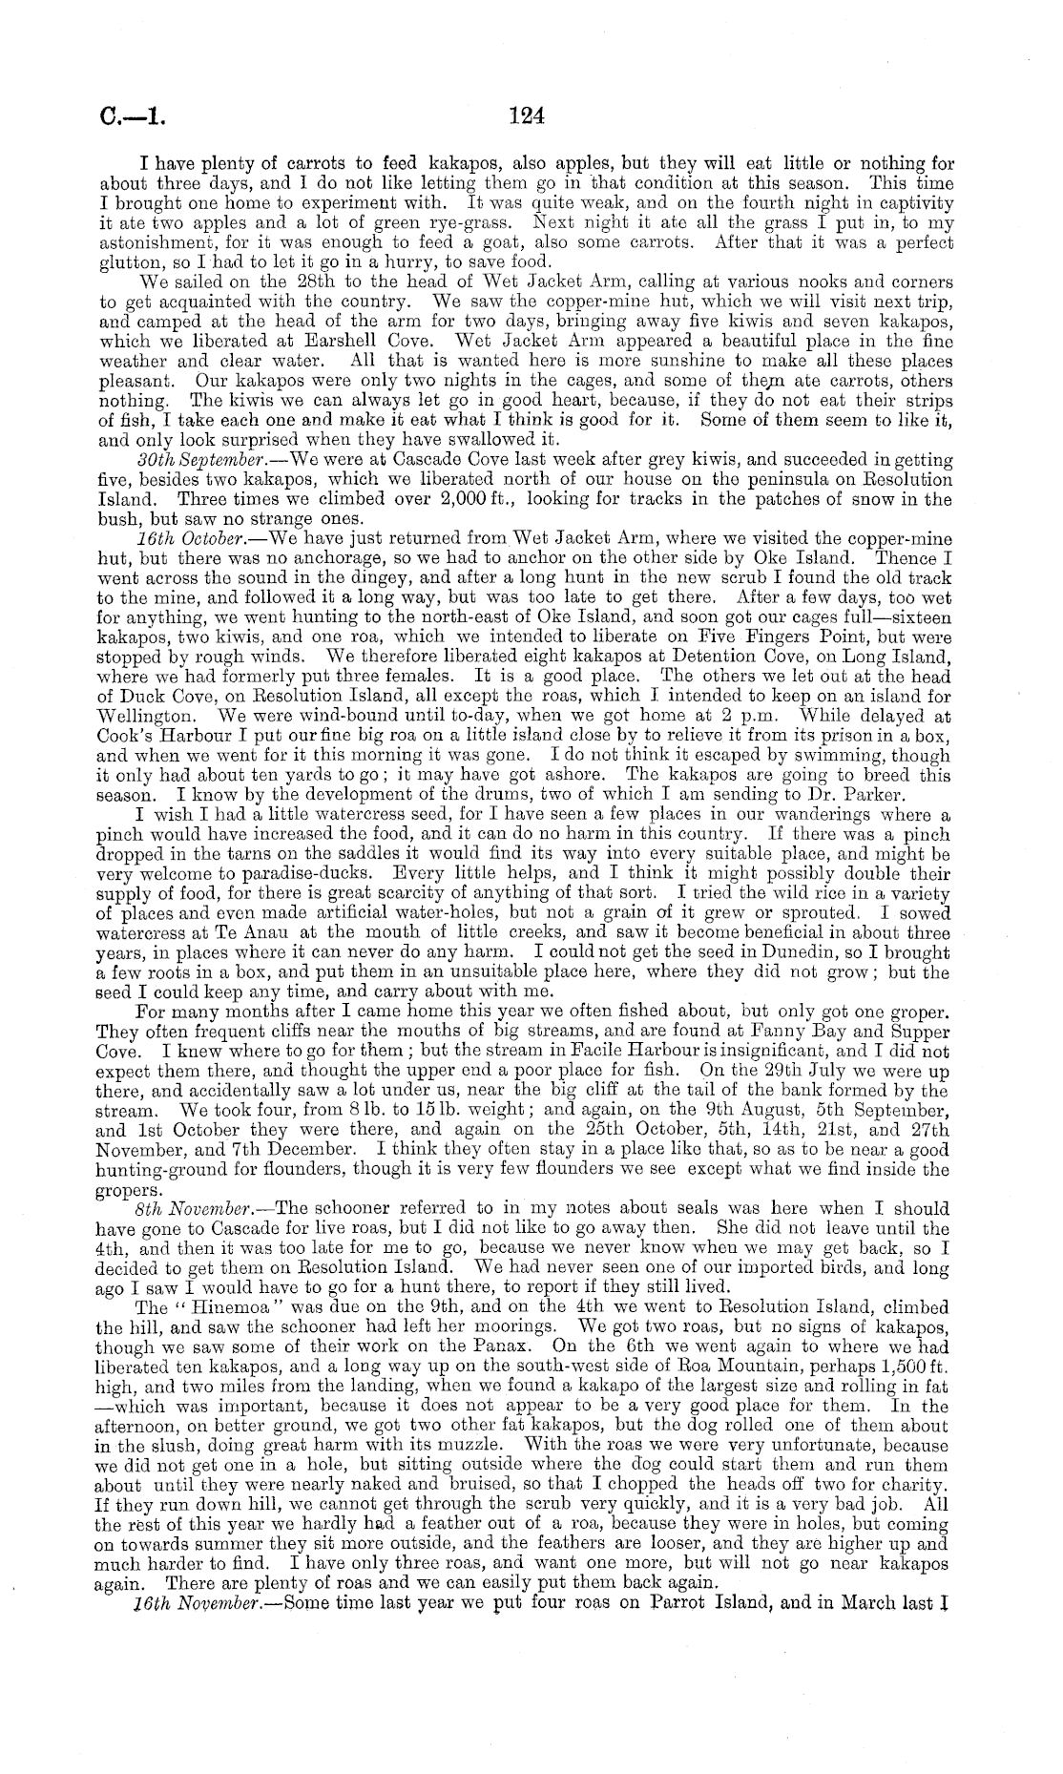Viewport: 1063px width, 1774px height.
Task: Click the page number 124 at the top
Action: [x=526, y=115]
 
